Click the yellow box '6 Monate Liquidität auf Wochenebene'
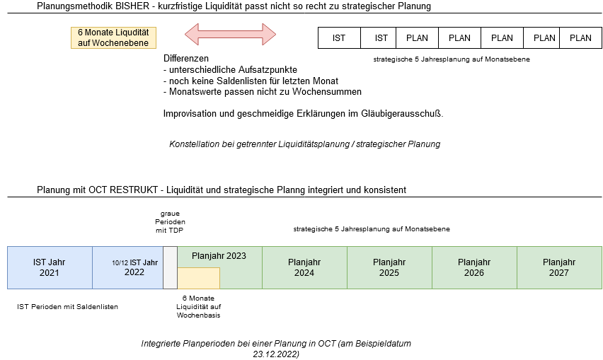(113, 37)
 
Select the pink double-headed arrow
(230, 34)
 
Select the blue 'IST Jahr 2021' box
(50, 267)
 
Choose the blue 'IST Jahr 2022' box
(134, 272)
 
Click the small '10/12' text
(119, 263)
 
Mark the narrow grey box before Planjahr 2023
(170, 267)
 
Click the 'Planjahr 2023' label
(219, 255)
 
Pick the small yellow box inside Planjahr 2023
(198, 278)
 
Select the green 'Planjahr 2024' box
(304, 267)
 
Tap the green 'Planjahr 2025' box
(389, 267)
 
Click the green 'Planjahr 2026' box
(474, 267)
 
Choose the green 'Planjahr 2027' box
(559, 267)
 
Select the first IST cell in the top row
(339, 38)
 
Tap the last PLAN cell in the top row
(580, 38)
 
